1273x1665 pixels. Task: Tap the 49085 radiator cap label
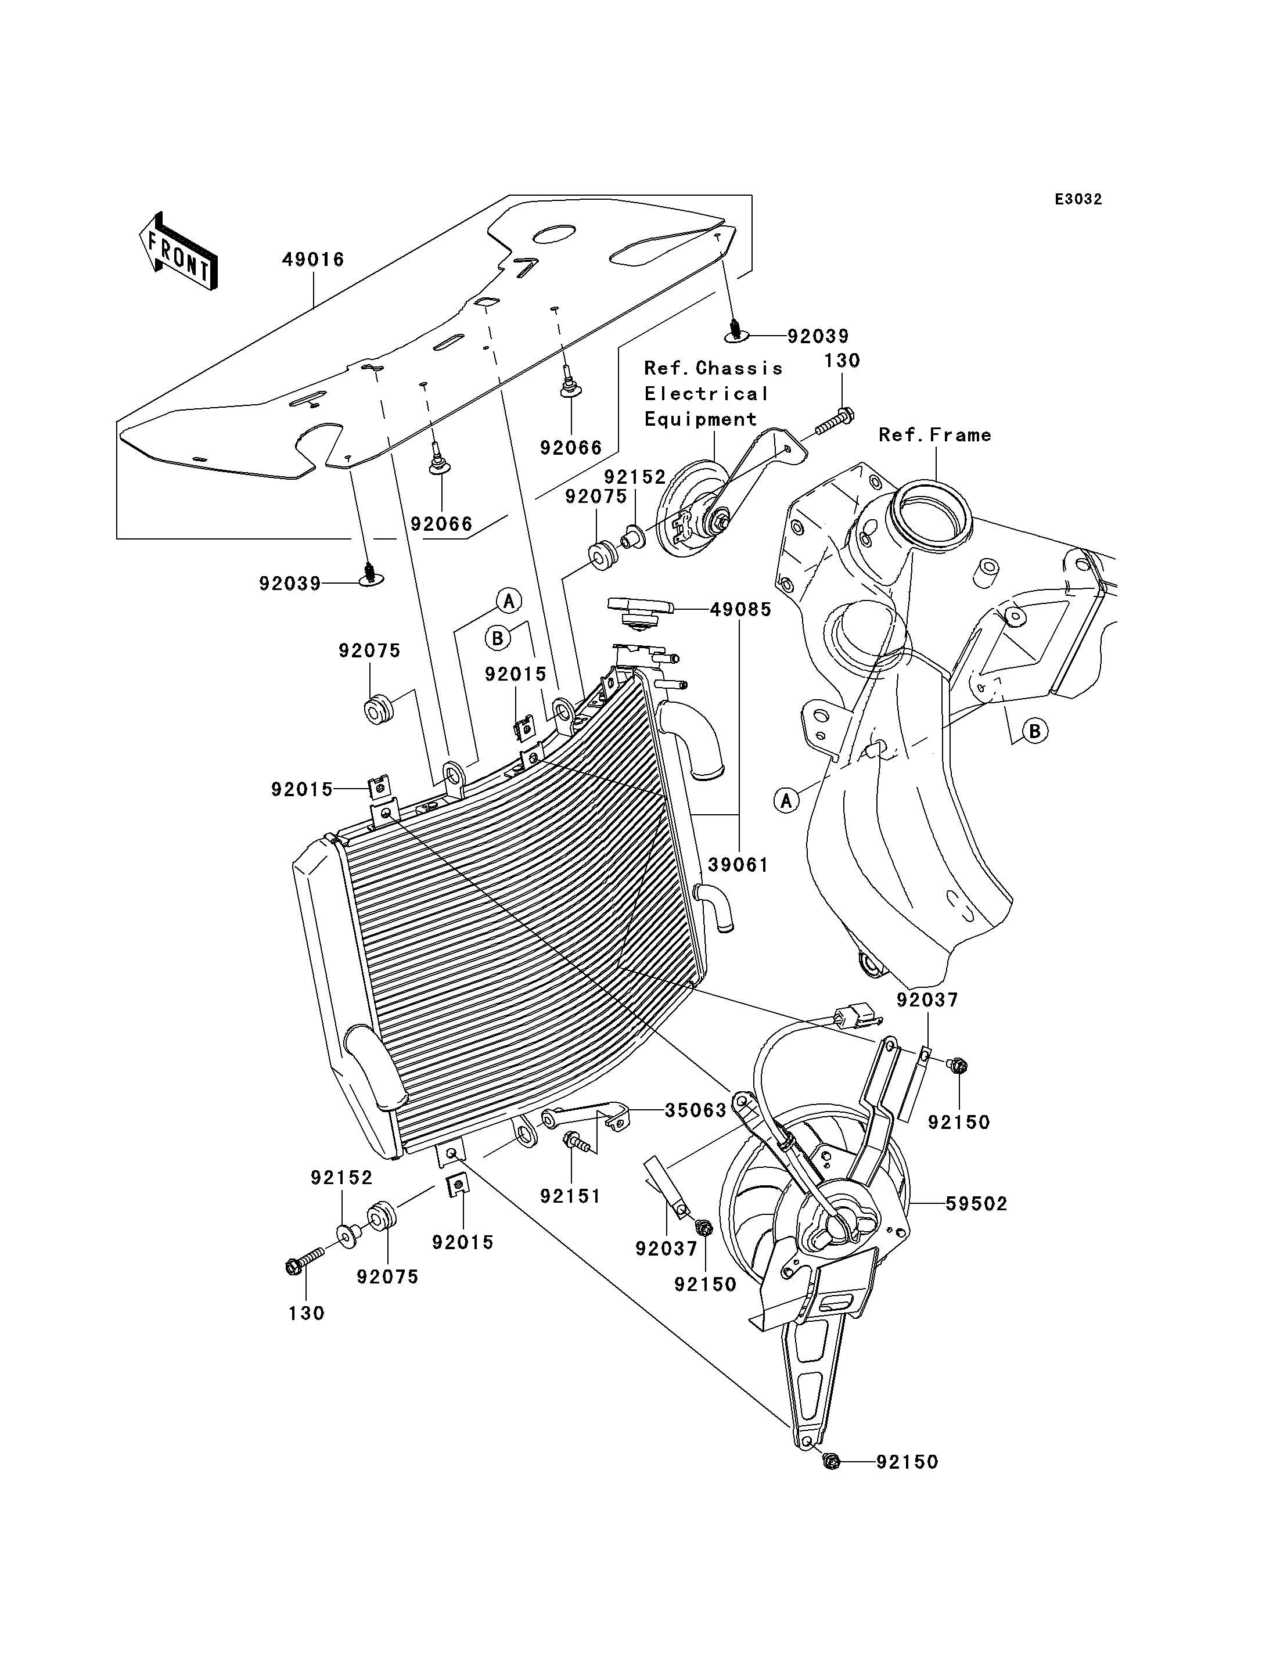[740, 609]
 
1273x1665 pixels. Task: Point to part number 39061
[738, 865]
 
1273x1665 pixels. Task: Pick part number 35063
[696, 1110]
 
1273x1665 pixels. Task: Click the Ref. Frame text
[935, 435]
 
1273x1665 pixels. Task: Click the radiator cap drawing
[641, 613]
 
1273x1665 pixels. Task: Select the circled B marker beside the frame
[1034, 731]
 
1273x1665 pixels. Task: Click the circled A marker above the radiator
[508, 602]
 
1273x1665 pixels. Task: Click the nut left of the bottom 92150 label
[831, 1462]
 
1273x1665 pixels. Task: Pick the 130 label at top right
[842, 361]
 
